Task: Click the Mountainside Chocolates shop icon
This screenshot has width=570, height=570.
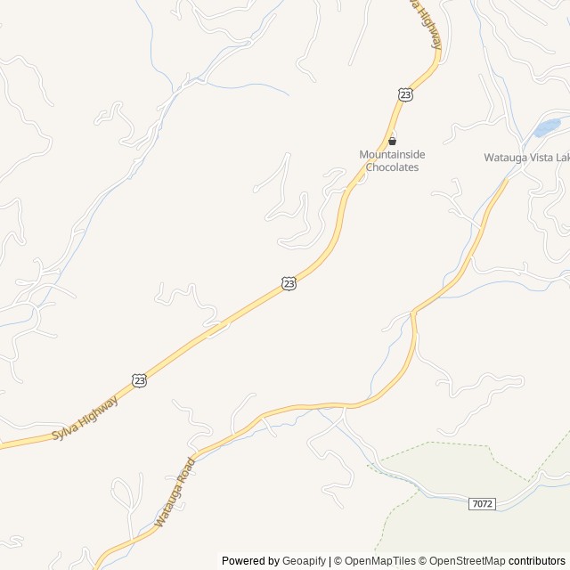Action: click(392, 140)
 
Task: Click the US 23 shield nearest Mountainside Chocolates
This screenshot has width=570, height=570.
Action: click(406, 94)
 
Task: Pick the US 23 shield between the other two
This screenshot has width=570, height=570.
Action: click(288, 282)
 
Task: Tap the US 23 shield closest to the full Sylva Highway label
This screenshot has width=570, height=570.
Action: click(140, 380)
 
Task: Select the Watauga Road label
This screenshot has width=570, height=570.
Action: click(174, 492)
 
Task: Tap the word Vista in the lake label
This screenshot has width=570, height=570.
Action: click(536, 158)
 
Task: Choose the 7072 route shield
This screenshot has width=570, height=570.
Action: click(481, 504)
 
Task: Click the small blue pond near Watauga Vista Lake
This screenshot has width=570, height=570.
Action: click(546, 128)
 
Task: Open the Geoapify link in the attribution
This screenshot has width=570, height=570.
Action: click(304, 561)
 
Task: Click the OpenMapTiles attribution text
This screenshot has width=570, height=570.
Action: click(379, 561)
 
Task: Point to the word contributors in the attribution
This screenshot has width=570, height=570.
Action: click(537, 561)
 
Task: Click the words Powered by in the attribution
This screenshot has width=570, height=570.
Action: click(249, 561)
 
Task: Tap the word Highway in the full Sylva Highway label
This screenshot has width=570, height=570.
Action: click(98, 410)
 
